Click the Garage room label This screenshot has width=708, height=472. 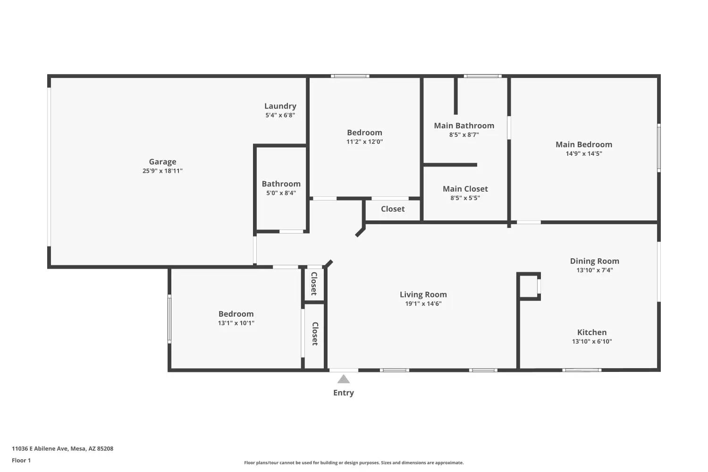click(x=162, y=162)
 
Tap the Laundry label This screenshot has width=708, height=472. click(x=280, y=106)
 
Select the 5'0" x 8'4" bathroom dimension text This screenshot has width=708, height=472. click(x=281, y=193)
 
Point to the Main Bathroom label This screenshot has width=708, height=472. click(x=464, y=126)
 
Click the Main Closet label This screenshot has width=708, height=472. click(x=465, y=189)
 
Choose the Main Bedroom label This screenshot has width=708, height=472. click(x=584, y=144)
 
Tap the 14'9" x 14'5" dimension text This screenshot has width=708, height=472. click(x=584, y=154)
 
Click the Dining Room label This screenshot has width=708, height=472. click(x=595, y=261)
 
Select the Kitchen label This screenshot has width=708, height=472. click(x=592, y=332)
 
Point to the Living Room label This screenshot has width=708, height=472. click(x=423, y=295)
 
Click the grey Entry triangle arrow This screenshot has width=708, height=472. click(x=344, y=379)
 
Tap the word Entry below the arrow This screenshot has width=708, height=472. click(x=344, y=393)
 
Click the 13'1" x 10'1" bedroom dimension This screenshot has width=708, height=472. click(x=236, y=323)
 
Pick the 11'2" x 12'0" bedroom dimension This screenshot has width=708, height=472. click(x=364, y=142)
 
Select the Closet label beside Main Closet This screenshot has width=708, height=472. click(x=393, y=209)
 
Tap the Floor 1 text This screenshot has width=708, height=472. click(x=22, y=460)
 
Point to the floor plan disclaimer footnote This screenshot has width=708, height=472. click(x=354, y=463)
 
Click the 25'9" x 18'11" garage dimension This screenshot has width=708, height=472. click(x=162, y=171)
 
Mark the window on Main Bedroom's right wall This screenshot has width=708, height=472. click(x=659, y=148)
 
